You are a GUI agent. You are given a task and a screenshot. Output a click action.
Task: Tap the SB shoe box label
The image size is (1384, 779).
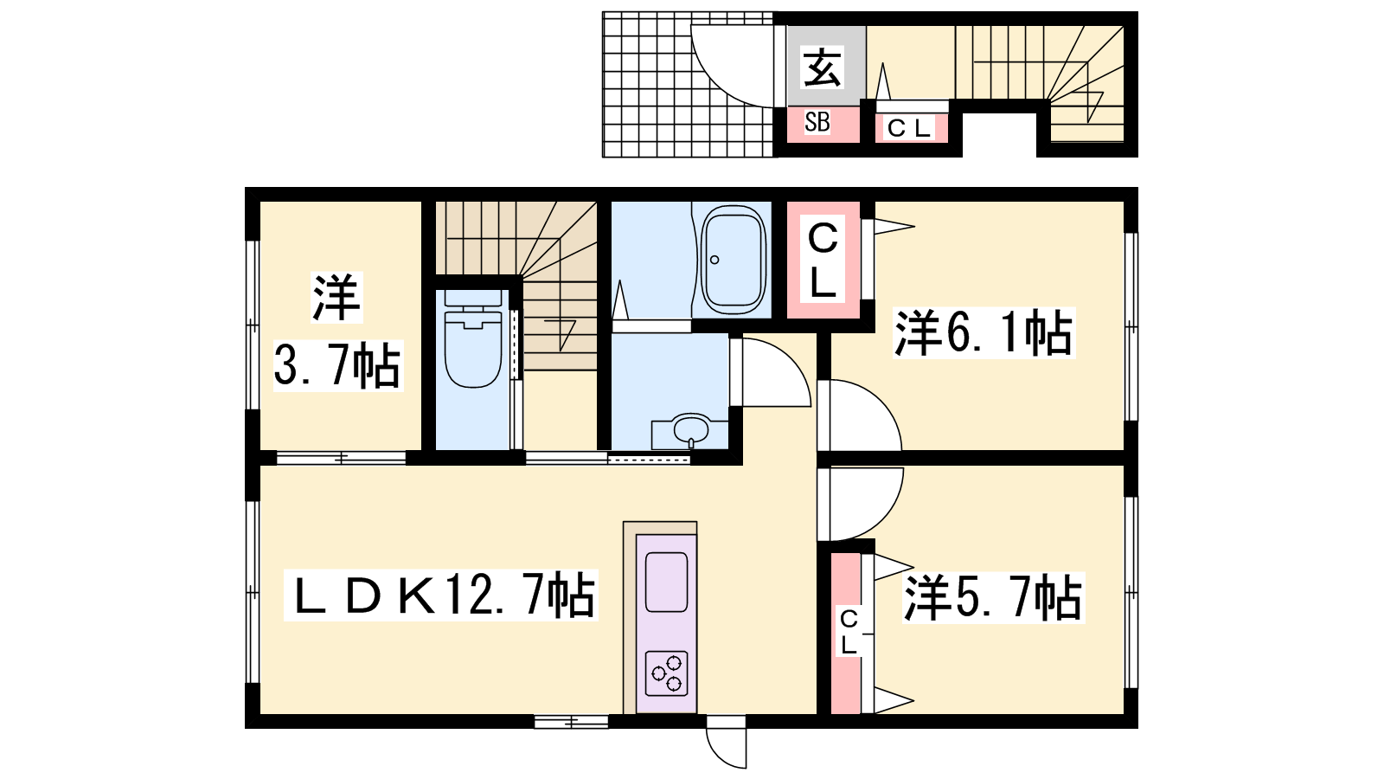[817, 122]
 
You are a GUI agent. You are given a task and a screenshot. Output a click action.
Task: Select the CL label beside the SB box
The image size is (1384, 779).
[908, 129]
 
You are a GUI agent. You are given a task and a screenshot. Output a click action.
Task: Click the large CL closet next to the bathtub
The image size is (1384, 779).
[823, 260]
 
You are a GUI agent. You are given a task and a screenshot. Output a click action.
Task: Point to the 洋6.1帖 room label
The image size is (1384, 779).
[984, 332]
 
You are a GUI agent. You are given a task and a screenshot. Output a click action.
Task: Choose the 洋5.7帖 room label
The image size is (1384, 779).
[993, 597]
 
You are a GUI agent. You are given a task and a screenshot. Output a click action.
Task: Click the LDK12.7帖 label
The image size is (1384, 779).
[440, 595]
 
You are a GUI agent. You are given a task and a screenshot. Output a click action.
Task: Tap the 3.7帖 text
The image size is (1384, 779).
[337, 365]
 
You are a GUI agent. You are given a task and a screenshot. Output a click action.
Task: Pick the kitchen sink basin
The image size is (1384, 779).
[667, 583]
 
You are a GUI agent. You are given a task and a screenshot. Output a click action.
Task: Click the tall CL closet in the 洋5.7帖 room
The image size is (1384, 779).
[846, 633]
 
